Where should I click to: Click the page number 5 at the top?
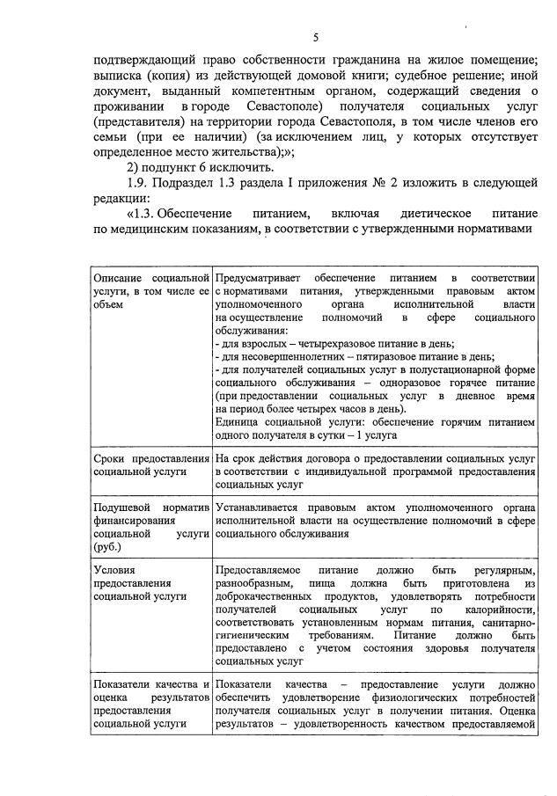click(x=315, y=37)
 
